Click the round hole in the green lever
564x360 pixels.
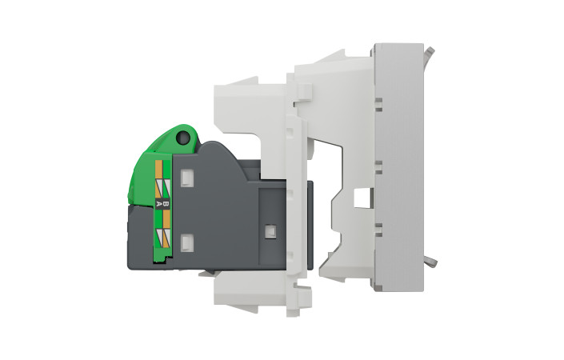pyautogui.click(x=183, y=137)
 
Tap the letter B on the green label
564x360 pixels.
pyautogui.click(x=166, y=203)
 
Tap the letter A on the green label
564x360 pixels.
pyautogui.click(x=158, y=203)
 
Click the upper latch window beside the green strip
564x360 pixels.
pyautogui.click(x=186, y=178)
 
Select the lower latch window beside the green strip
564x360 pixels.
pyautogui.click(x=186, y=242)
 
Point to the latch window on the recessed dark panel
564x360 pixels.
pyautogui.click(x=270, y=231)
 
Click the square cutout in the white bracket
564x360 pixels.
pyautogui.click(x=362, y=199)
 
